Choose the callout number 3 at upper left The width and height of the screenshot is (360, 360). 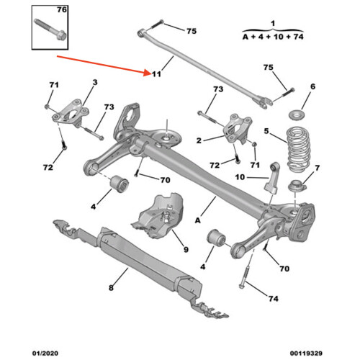[93, 85]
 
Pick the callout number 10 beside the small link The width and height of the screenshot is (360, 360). [240, 177]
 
